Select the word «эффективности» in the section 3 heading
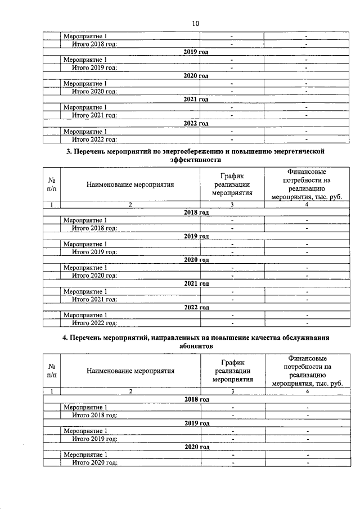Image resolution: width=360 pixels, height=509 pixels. [196, 160]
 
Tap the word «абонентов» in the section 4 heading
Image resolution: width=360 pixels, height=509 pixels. [196, 346]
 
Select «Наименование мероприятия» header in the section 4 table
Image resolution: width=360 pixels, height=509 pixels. [130, 371]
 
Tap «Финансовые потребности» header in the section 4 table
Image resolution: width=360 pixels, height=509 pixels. [307, 371]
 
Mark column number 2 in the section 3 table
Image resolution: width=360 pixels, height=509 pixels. [130, 205]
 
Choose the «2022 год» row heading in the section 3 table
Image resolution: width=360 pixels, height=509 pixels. [196, 308]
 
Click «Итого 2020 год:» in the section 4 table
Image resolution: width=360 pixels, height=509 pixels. [94, 462]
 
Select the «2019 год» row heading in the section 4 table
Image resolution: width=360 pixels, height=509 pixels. [196, 423]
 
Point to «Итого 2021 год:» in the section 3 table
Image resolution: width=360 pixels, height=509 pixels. [94, 299]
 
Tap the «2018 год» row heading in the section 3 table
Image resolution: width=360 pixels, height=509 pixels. [196, 213]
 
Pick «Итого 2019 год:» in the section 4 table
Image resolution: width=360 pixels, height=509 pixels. [94, 439]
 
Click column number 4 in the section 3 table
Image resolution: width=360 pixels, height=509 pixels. [307, 205]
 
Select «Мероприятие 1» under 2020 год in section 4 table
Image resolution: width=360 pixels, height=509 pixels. [85, 454]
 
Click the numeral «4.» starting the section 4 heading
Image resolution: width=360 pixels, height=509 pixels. [65, 338]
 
